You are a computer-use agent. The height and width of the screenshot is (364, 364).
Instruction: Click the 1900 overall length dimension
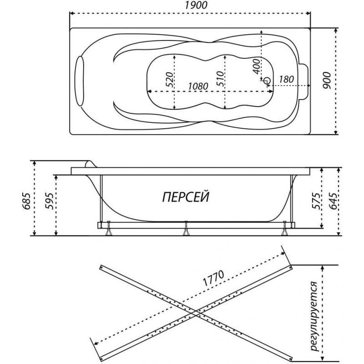click(196, 5)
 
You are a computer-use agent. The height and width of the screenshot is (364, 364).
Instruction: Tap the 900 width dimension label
click(327, 81)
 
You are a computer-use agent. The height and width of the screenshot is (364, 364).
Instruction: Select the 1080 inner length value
click(198, 86)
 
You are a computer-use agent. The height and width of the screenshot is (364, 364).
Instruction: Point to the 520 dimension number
click(170, 80)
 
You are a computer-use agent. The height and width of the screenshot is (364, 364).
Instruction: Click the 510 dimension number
click(220, 79)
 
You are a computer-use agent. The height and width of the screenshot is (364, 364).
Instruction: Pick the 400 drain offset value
click(256, 66)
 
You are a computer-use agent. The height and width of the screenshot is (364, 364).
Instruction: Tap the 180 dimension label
click(286, 80)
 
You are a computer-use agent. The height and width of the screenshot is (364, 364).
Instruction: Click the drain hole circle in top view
click(267, 81)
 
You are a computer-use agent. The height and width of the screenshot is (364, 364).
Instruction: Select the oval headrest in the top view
click(80, 81)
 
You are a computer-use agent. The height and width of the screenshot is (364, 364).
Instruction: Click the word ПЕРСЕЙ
click(186, 197)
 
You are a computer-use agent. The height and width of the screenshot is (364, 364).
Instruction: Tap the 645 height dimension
click(334, 201)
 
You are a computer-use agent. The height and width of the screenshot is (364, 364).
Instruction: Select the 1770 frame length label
click(213, 278)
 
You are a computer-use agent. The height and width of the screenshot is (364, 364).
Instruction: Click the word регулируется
click(314, 316)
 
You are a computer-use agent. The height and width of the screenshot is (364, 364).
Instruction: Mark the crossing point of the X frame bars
click(196, 314)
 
